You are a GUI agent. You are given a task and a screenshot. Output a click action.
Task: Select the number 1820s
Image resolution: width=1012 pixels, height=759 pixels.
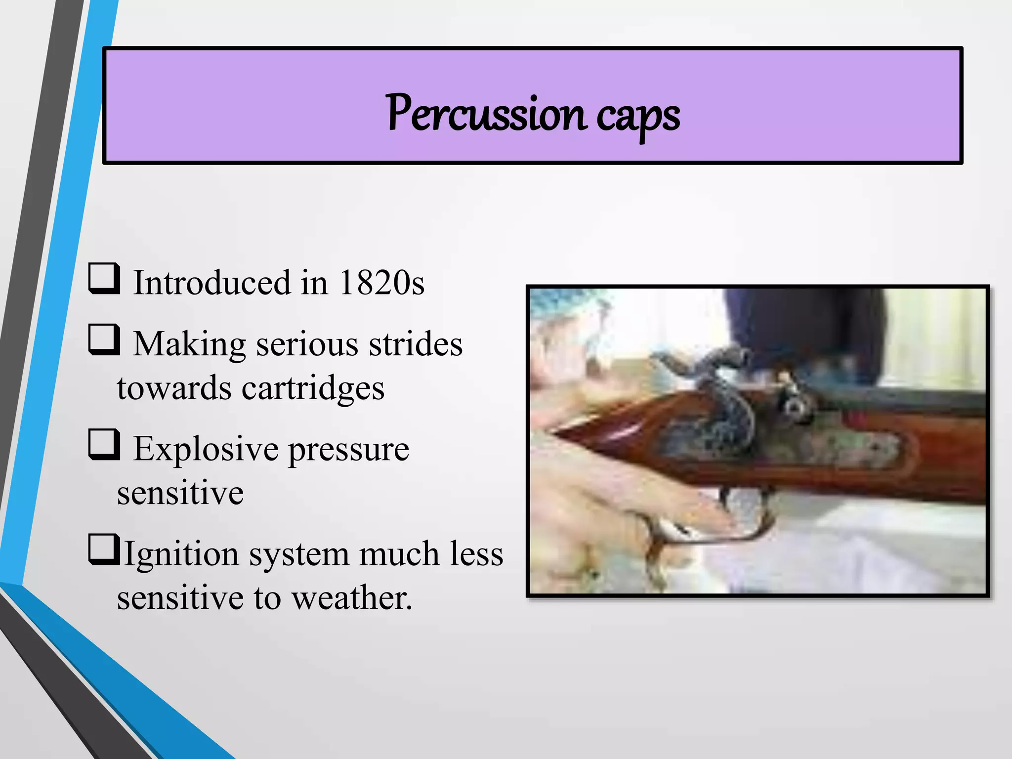[x=381, y=283]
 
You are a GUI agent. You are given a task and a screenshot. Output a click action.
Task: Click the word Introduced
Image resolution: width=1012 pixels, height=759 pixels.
[x=212, y=283]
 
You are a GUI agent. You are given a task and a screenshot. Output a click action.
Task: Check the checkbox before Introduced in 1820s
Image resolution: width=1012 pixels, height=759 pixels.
[x=104, y=279]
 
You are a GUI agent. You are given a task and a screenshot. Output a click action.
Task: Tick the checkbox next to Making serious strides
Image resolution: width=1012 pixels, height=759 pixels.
[x=104, y=339]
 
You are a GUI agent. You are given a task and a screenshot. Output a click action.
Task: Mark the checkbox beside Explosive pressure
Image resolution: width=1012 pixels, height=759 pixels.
[x=104, y=445]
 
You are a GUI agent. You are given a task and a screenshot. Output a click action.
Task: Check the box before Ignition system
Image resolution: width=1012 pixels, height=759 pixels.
[x=104, y=549]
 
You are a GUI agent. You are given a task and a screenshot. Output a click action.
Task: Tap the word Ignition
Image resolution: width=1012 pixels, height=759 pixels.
[x=181, y=554]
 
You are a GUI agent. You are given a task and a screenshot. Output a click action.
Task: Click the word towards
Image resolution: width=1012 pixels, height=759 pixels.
[x=174, y=388]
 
